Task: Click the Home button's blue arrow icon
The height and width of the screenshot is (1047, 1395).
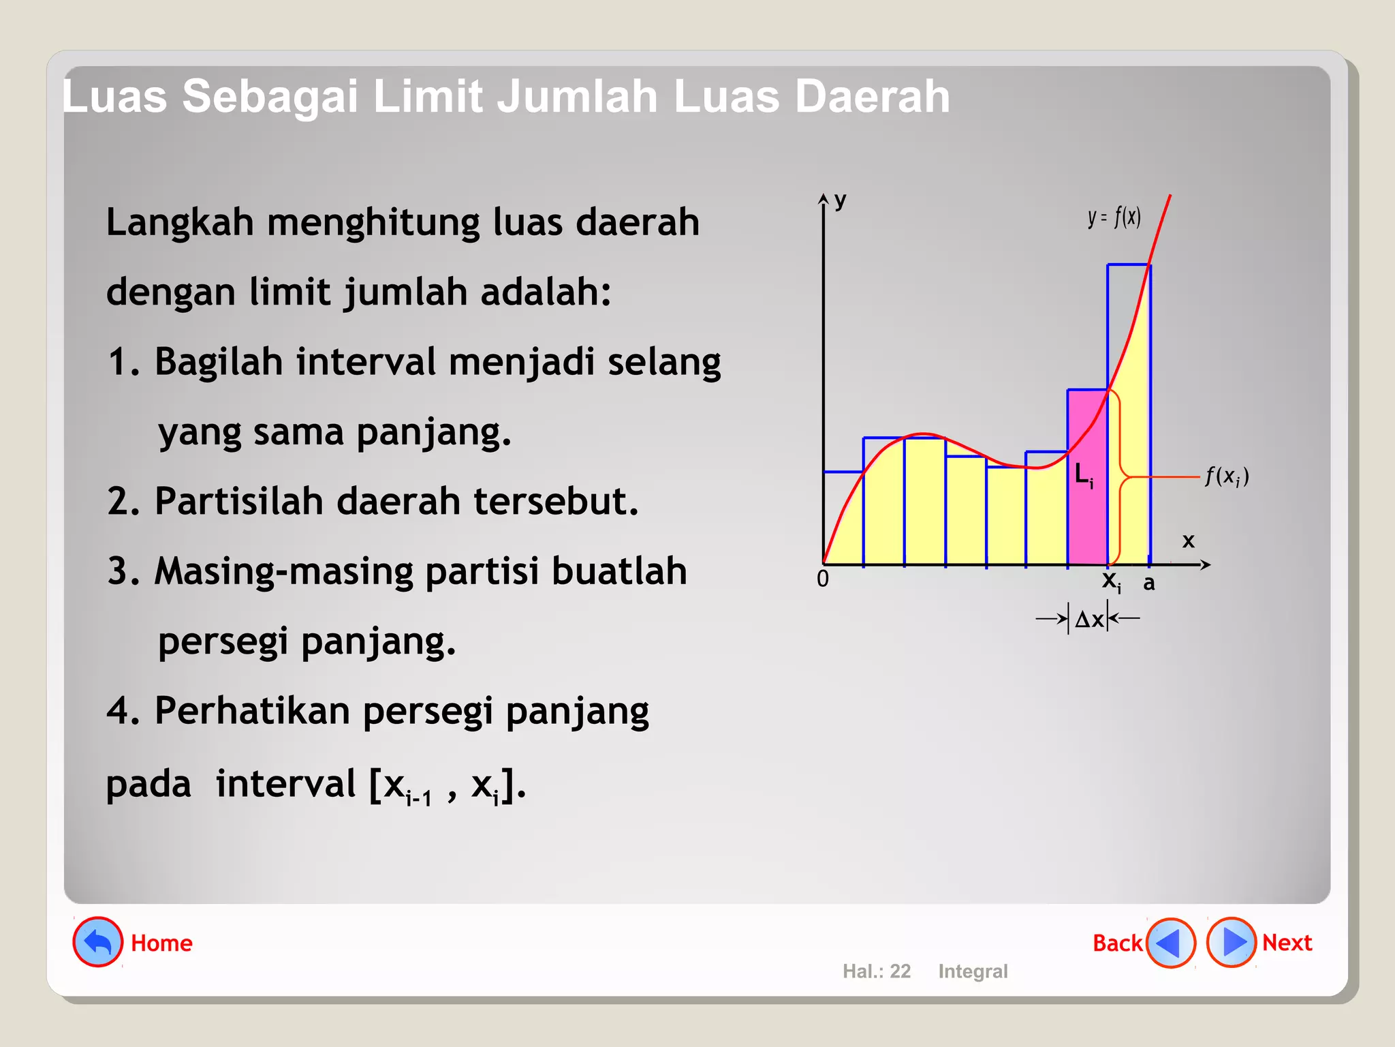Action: [x=98, y=942]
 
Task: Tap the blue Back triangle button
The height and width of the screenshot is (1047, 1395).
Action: [x=1170, y=943]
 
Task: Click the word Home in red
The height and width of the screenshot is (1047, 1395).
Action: [x=161, y=943]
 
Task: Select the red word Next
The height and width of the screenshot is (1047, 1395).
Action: [x=1287, y=943]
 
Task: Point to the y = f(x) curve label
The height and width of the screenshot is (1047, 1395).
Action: [x=1114, y=217]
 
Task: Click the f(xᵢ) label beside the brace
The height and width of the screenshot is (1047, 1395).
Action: [x=1227, y=476]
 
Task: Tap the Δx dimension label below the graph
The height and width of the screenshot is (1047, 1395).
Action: [x=1088, y=619]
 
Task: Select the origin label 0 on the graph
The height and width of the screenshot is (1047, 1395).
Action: [x=823, y=579]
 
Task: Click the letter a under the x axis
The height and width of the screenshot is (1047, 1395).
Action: [x=1149, y=583]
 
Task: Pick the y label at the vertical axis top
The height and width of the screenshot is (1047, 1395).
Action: [x=841, y=200]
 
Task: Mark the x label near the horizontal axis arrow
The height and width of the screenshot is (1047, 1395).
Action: [x=1189, y=541]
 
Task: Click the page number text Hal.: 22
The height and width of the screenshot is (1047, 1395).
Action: [x=877, y=971]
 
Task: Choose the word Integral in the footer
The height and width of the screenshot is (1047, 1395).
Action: [x=973, y=971]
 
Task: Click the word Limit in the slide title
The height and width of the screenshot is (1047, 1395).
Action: [x=428, y=96]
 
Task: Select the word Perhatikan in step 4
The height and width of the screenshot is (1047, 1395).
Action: [x=252, y=711]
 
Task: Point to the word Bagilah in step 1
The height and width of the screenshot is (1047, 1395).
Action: [x=218, y=362]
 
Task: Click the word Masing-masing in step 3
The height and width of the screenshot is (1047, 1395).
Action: [x=283, y=571]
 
